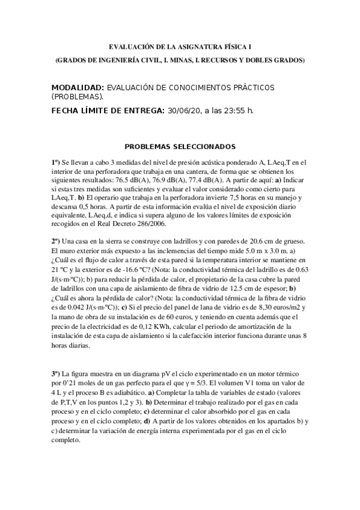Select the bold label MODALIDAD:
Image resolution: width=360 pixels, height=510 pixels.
coord(78,87)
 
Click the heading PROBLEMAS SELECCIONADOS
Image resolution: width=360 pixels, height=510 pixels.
coord(180,146)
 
